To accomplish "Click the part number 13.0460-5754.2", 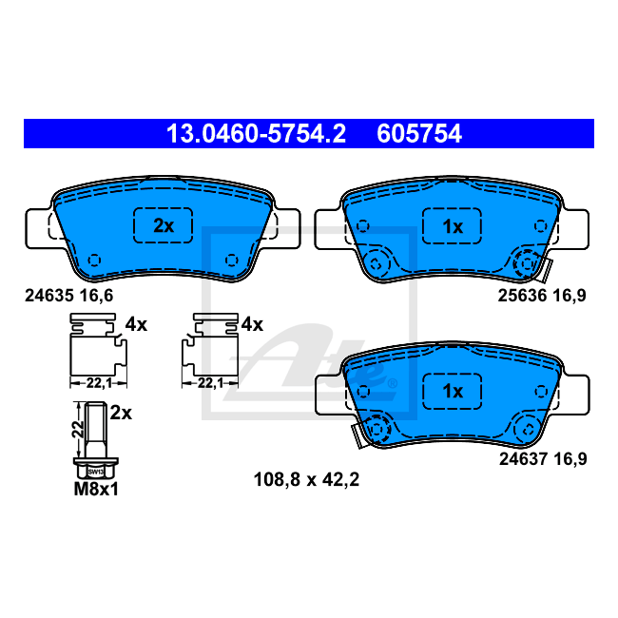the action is [x=256, y=134].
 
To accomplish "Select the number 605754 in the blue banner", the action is [x=419, y=134].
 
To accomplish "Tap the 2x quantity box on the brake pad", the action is [x=164, y=225].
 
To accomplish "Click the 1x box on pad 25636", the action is [x=452, y=226].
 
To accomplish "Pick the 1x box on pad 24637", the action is [x=452, y=391].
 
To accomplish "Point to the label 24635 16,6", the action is [x=69, y=295].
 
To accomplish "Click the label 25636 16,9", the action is [x=542, y=295].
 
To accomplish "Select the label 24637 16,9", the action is [x=543, y=459].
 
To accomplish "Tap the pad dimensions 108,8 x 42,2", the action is [x=306, y=479].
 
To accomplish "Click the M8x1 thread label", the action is [x=96, y=489].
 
